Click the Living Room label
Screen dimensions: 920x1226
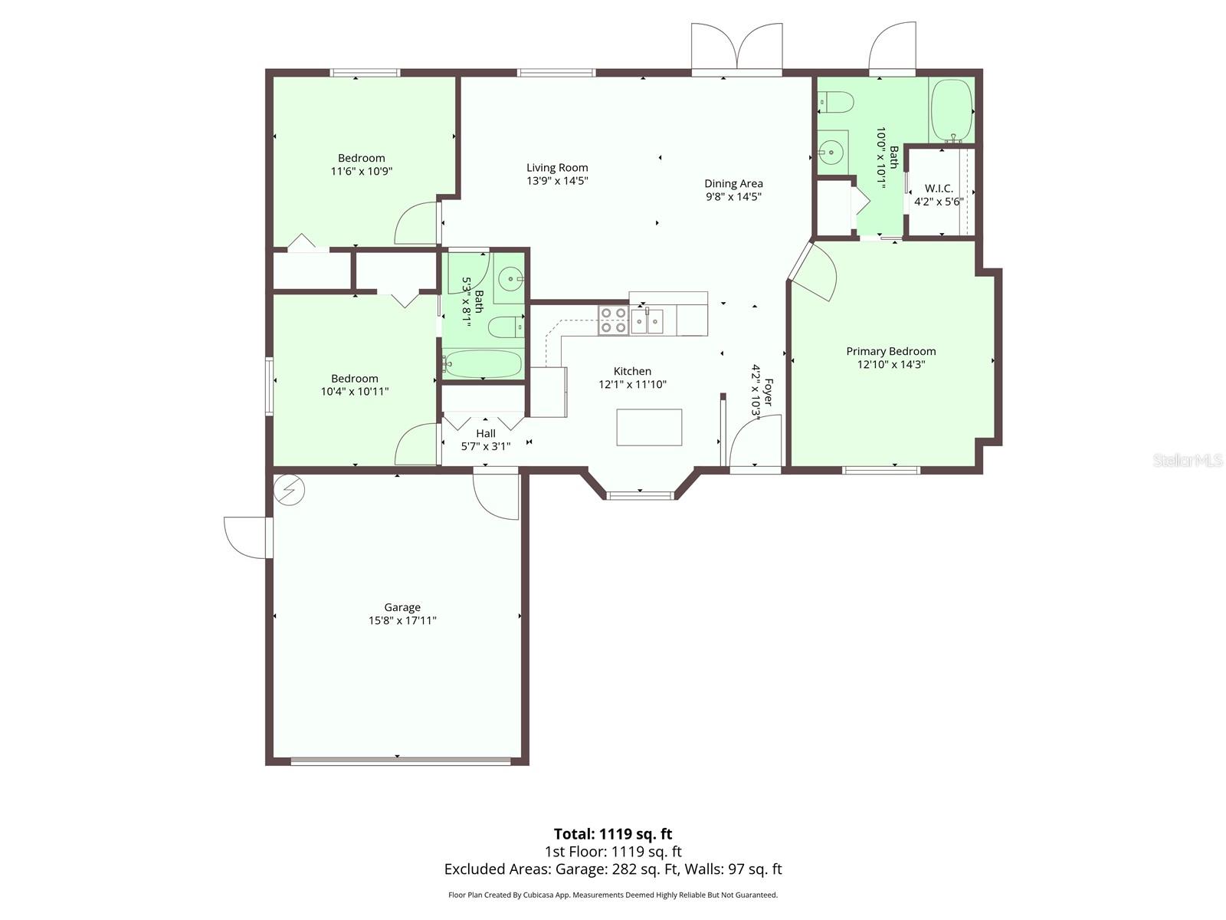pyautogui.click(x=557, y=168)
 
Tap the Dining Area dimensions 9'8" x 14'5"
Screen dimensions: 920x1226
pyautogui.click(x=733, y=197)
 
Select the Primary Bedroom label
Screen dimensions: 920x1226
pyautogui.click(x=890, y=351)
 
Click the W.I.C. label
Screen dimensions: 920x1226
pyautogui.click(x=939, y=189)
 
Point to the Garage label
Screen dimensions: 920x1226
pyautogui.click(x=402, y=607)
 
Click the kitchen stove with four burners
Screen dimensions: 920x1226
pyautogui.click(x=613, y=320)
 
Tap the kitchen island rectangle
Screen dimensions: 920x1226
pyautogui.click(x=649, y=427)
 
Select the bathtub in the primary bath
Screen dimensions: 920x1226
pyautogui.click(x=951, y=110)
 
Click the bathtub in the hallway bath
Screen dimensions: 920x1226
pyautogui.click(x=483, y=363)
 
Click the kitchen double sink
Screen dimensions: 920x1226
pyautogui.click(x=647, y=320)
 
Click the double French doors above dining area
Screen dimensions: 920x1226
pyautogui.click(x=736, y=48)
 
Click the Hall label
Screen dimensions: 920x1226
pyautogui.click(x=486, y=433)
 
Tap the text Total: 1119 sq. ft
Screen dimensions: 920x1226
pyautogui.click(x=613, y=834)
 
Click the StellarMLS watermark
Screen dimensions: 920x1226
pyautogui.click(x=1187, y=460)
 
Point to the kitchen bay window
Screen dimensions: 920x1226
pyautogui.click(x=641, y=495)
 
